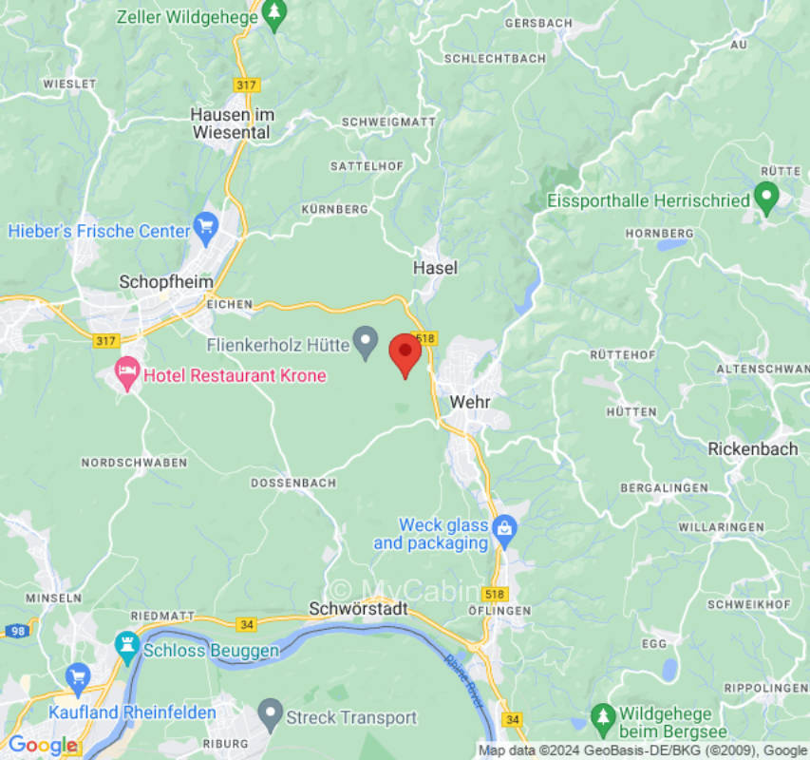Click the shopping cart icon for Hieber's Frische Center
tap(206, 226)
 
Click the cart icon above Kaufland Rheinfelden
tap(78, 677)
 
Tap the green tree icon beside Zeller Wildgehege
tap(274, 13)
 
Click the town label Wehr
tap(470, 401)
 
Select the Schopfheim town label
tap(157, 281)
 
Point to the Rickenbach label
tap(753, 449)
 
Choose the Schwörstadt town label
tap(359, 609)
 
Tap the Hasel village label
tap(435, 268)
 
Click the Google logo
tap(42, 746)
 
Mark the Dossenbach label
tap(293, 483)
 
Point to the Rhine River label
tap(465, 680)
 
